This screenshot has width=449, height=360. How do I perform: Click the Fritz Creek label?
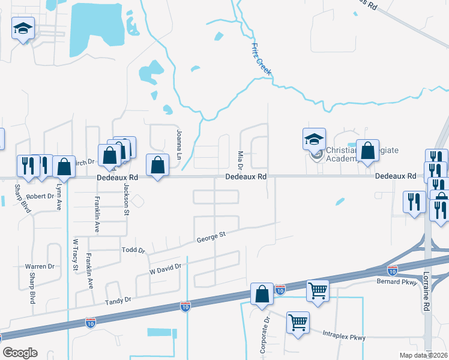point(261,59)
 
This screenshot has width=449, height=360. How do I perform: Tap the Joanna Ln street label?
point(178,140)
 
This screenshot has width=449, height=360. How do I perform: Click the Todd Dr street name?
point(133,250)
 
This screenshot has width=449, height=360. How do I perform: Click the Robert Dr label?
point(40,196)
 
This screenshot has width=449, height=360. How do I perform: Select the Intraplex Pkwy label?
point(344,336)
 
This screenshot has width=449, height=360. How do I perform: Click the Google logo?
point(20,353)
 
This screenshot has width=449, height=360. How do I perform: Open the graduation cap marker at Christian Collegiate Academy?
point(314,139)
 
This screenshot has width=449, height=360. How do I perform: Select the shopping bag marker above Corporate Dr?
point(262,294)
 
